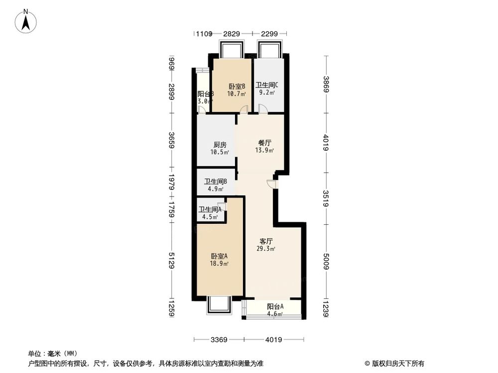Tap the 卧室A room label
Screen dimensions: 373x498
click(x=219, y=256)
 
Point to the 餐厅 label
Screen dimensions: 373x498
click(x=264, y=142)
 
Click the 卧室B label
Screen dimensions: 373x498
click(x=237, y=86)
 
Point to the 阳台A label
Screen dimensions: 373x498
click(x=275, y=306)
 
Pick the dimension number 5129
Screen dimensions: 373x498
click(x=171, y=261)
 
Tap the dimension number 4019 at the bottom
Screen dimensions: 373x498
click(x=273, y=340)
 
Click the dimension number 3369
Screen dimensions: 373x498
click(x=219, y=340)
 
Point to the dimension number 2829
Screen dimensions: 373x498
click(x=232, y=34)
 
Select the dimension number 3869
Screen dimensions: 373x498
click(x=326, y=85)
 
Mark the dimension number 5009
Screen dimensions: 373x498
click(x=326, y=261)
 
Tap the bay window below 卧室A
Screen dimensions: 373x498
click(x=218, y=304)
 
